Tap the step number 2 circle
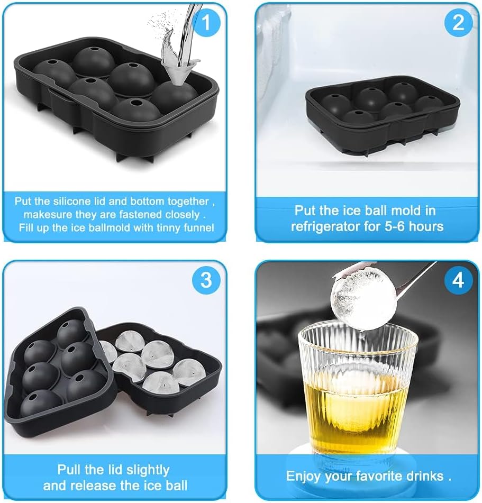pyautogui.click(x=458, y=22)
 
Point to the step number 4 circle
pyautogui.click(x=458, y=280)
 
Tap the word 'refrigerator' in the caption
pyautogui.click(x=323, y=226)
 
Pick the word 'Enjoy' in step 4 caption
pyautogui.click(x=304, y=476)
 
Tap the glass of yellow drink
pyautogui.click(x=357, y=391)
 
